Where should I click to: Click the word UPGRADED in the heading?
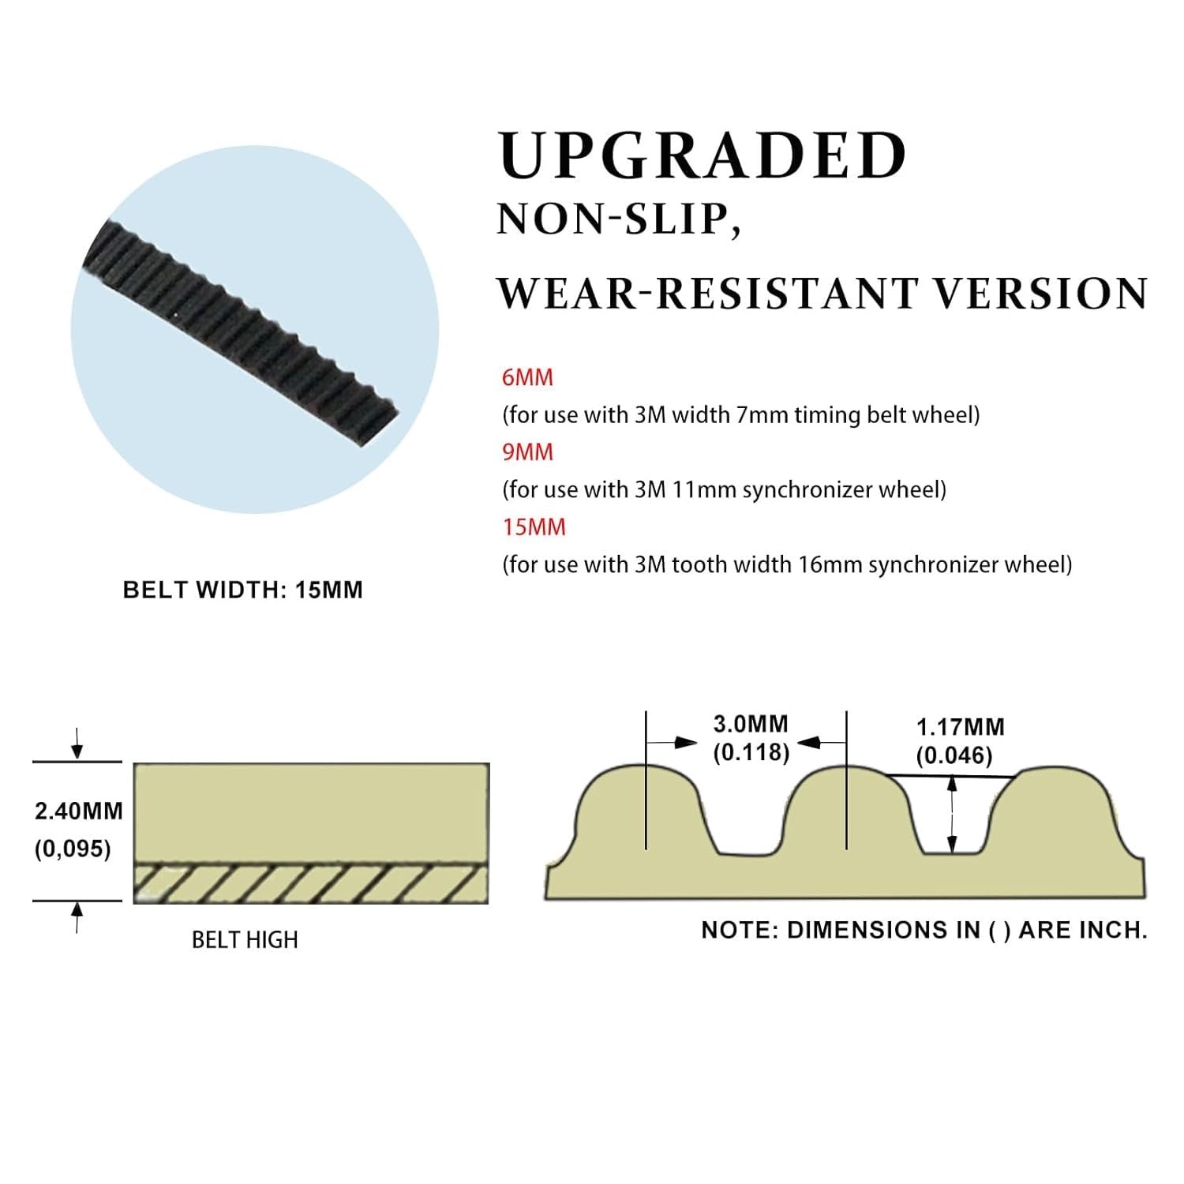[703, 155]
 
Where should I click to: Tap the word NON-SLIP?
[619, 219]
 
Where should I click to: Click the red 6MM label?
[527, 377]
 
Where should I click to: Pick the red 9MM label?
[527, 452]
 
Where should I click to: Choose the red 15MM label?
[534, 527]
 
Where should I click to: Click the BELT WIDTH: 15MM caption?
[243, 590]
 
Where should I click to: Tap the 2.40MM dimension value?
[78, 811]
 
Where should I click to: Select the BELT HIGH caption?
[245, 940]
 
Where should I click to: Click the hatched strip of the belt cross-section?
[311, 884]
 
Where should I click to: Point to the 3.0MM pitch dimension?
[751, 724]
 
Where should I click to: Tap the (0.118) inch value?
[751, 752]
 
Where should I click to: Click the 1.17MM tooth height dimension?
[960, 727]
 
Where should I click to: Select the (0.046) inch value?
[954, 755]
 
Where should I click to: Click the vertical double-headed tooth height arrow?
[953, 815]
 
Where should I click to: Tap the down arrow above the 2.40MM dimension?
[77, 743]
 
